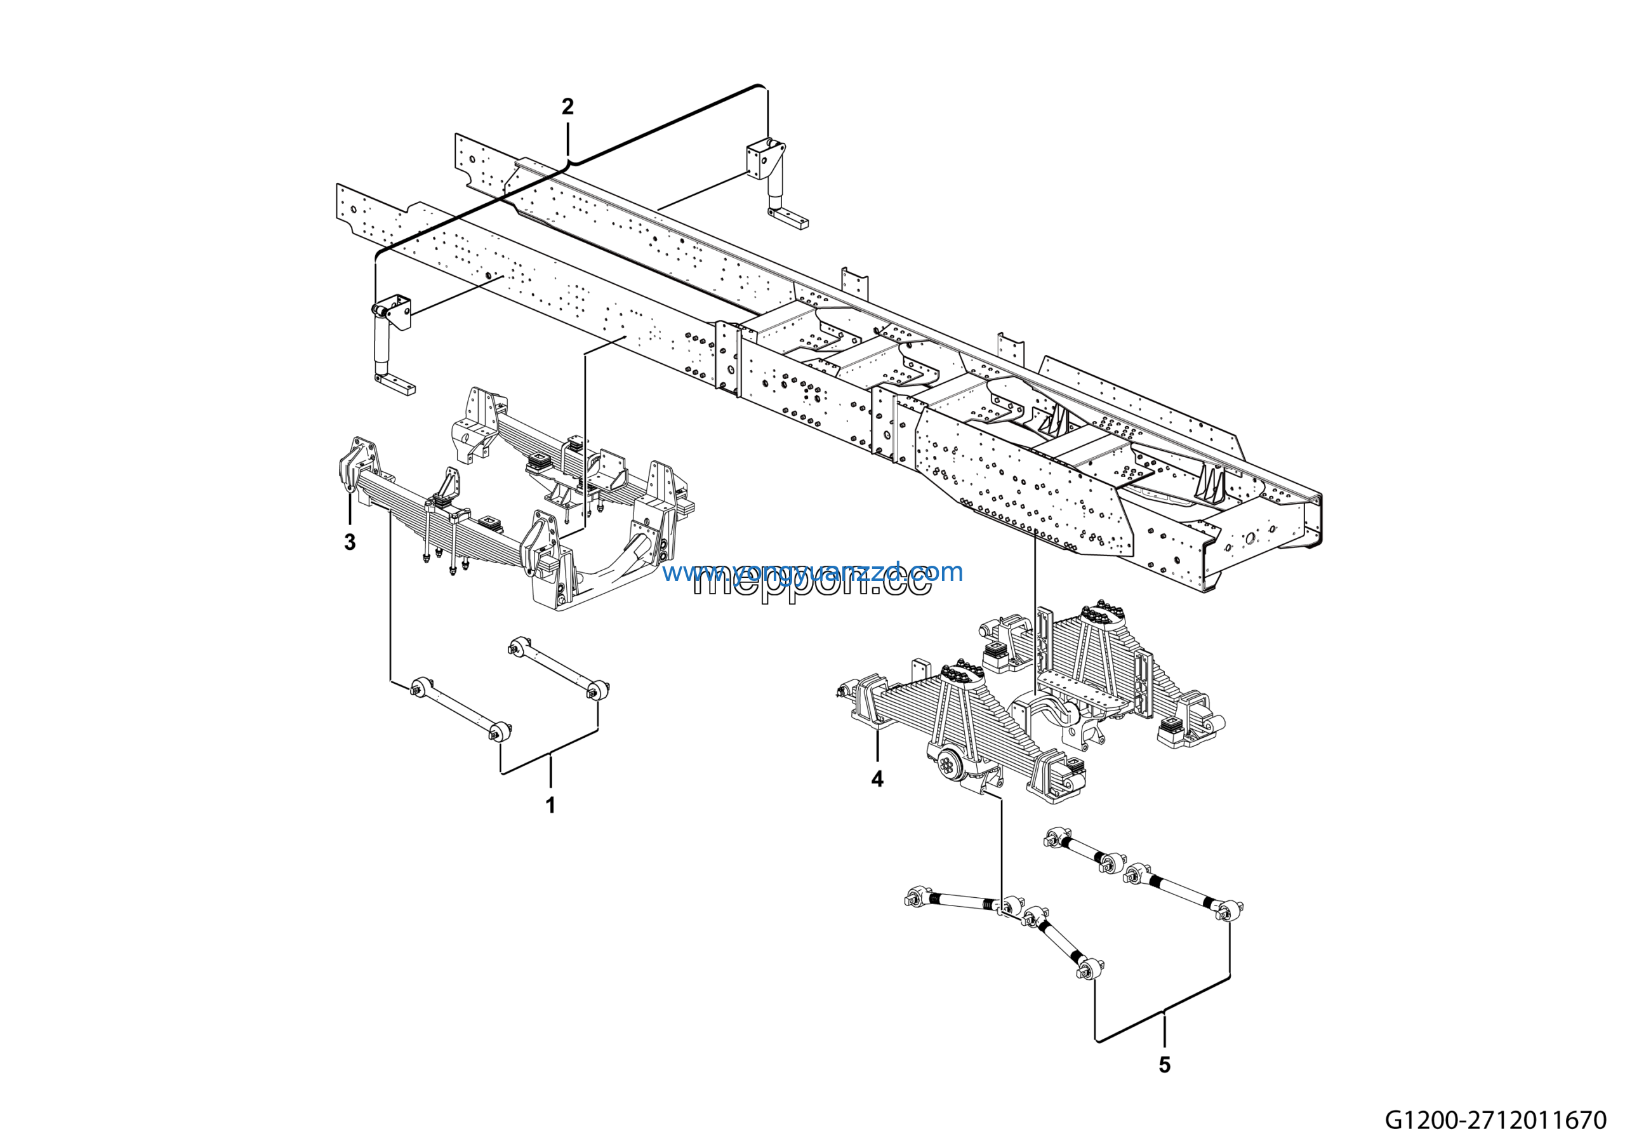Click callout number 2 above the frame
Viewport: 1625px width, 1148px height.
[567, 107]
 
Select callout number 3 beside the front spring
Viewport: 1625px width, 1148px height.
[350, 542]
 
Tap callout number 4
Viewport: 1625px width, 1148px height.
[877, 779]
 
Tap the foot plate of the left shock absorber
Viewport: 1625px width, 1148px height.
[395, 385]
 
